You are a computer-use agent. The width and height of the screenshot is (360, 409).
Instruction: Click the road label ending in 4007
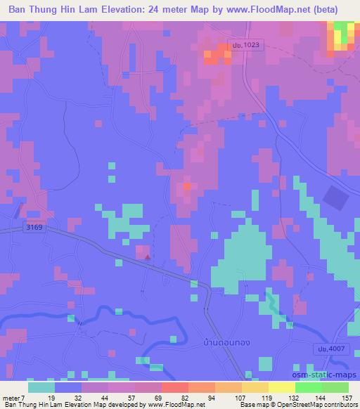point(325,349)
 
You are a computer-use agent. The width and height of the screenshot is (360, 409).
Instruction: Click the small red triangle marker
point(148,257)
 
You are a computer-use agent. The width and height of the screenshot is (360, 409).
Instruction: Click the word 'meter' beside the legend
point(13,397)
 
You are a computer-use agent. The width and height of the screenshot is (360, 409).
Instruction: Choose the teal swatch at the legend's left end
point(41,387)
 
